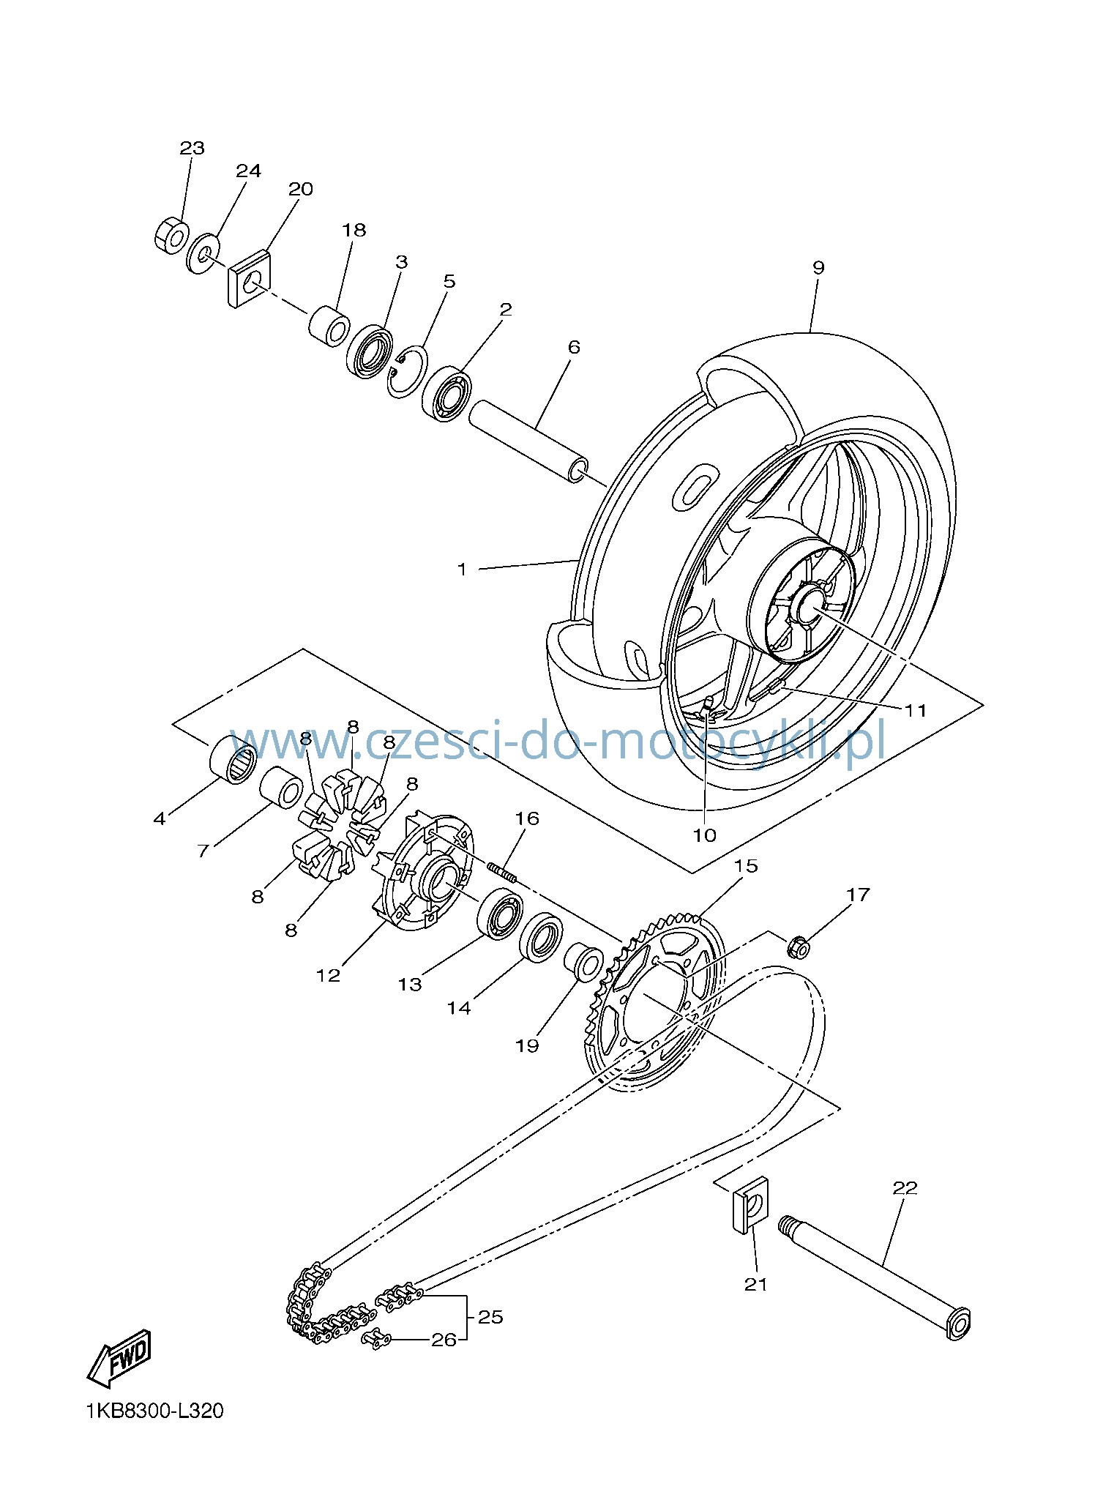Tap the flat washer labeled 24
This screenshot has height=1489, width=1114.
(x=206, y=253)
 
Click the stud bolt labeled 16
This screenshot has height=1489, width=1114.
(x=503, y=873)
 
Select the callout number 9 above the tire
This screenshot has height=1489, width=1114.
(x=818, y=267)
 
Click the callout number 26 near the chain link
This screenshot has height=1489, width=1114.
(x=444, y=1340)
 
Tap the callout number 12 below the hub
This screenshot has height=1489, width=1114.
(x=329, y=975)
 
